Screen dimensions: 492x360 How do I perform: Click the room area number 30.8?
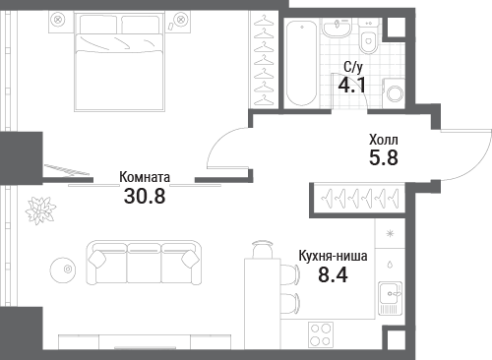[145, 196]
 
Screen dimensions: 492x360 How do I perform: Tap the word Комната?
[145, 177]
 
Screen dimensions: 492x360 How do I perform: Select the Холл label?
[384, 140]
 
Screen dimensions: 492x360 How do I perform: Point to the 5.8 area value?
[384, 157]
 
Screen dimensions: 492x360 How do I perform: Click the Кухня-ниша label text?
[333, 256]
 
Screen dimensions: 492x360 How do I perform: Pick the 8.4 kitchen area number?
[333, 274]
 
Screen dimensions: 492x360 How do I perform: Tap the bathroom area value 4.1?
[352, 86]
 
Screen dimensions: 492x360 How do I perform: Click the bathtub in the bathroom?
[302, 62]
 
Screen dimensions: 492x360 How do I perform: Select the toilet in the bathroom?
[369, 36]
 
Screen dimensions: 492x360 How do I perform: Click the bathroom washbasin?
[337, 28]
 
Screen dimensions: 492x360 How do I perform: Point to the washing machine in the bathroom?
[394, 93]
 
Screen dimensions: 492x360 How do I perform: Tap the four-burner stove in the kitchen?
[321, 334]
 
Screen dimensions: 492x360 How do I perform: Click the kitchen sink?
[390, 298]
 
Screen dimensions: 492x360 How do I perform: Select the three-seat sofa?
[144, 263]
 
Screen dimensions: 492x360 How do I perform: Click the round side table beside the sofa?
[63, 270]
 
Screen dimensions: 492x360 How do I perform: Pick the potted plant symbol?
[40, 210]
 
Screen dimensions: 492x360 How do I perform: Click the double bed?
[119, 62]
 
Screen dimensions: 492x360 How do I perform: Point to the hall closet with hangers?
[359, 199]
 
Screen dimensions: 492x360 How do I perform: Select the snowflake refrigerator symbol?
[390, 234]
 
